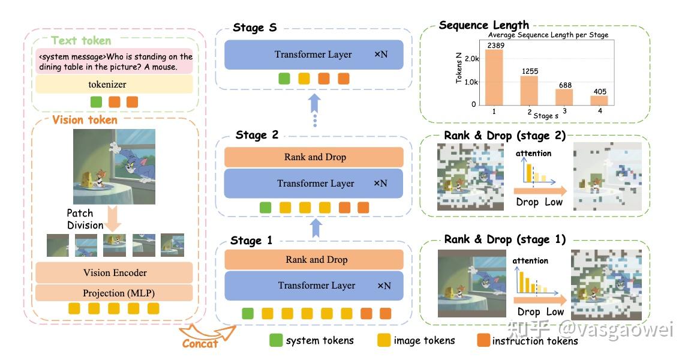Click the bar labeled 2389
pyautogui.click(x=494, y=77)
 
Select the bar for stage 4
pyautogui.click(x=599, y=100)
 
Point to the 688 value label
pyautogui.click(x=566, y=85)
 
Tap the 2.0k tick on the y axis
pyautogui.click(x=471, y=59)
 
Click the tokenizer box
pyautogui.click(x=114, y=84)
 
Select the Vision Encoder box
pyautogui.click(x=114, y=273)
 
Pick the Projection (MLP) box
pyautogui.click(x=114, y=293)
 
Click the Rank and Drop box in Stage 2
pyautogui.click(x=314, y=157)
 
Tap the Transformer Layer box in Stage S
pyautogui.click(x=314, y=55)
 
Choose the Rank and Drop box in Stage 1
pyautogui.click(x=314, y=260)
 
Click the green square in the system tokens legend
pyautogui.click(x=276, y=340)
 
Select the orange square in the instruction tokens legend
pyautogui.click(x=483, y=340)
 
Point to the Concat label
pyautogui.click(x=200, y=344)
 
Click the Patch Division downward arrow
pyautogui.click(x=113, y=218)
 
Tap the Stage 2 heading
pyautogui.click(x=257, y=135)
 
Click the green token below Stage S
pyautogui.click(x=284, y=79)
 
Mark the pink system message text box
pyautogui.click(x=114, y=61)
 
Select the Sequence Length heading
pyautogui.click(x=484, y=25)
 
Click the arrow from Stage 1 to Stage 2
pyautogui.click(x=316, y=228)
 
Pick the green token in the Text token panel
pyautogui.click(x=96, y=102)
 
